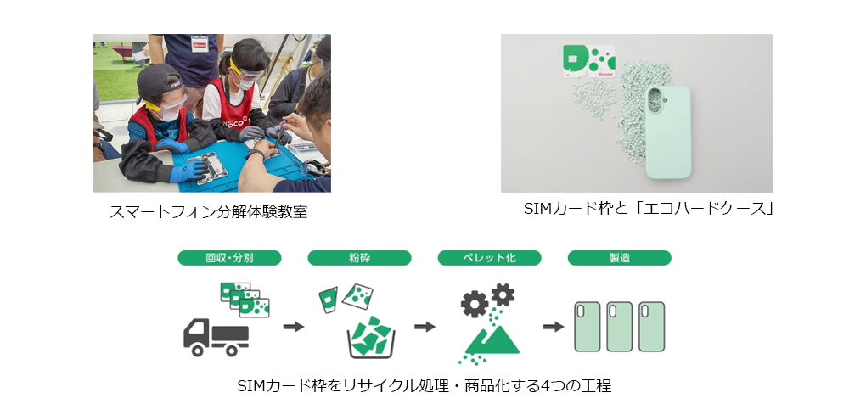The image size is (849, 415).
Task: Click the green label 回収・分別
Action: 229,258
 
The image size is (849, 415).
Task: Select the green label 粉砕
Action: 359,258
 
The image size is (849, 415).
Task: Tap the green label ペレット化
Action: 490,258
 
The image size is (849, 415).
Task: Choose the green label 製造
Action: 620,258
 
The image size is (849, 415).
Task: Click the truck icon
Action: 216,337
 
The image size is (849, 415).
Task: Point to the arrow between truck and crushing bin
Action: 294,327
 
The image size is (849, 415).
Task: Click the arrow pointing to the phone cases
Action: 554,327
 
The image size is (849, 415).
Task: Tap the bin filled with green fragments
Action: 371,337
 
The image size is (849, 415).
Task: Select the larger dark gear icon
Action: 474,304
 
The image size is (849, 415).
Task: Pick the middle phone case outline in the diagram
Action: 620,327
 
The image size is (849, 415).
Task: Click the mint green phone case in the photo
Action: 668,132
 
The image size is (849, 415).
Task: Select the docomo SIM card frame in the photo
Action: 589,60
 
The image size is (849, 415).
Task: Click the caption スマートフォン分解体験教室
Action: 209,212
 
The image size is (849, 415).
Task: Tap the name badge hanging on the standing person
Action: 200,42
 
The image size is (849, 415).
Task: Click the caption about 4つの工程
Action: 424,386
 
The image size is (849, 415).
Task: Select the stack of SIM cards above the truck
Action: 245,300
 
